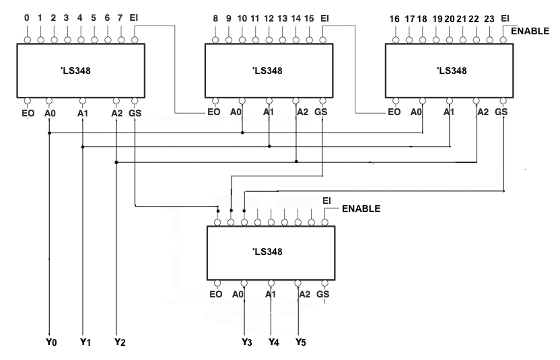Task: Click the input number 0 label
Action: point(27,17)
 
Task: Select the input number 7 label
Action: point(120,17)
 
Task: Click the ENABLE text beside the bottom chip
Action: point(361,209)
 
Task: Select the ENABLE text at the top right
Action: point(530,31)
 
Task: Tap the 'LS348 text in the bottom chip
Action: point(267,252)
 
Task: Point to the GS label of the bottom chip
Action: point(323,294)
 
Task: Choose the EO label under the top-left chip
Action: point(28,112)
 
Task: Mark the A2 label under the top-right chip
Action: point(482,112)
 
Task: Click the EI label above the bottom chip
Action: point(326,201)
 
